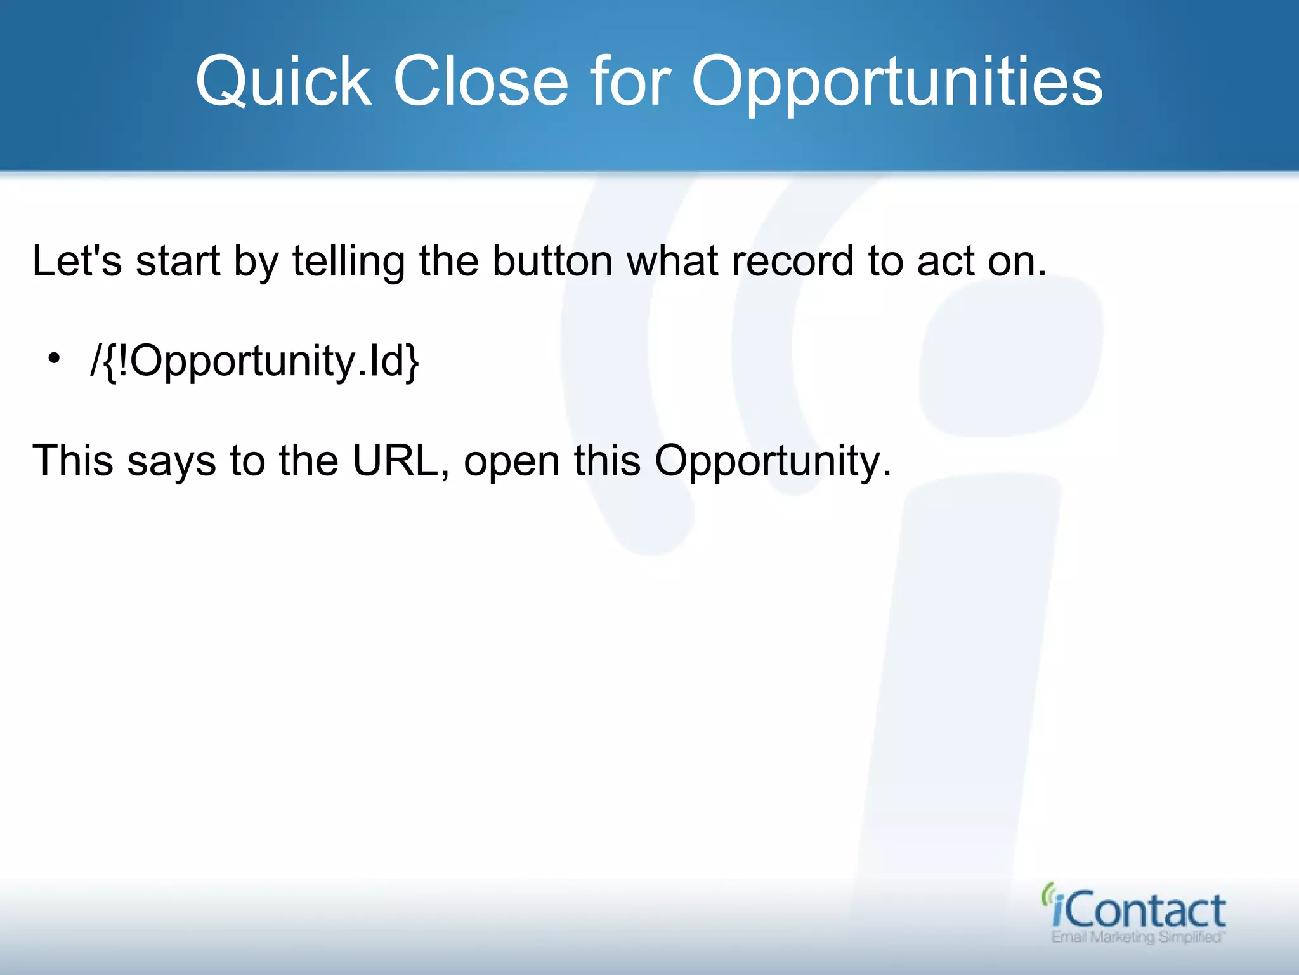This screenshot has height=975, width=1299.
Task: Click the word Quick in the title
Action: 283,81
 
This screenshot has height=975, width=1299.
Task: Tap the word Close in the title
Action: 481,81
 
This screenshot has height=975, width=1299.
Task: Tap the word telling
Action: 348,262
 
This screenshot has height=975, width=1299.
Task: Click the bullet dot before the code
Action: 55,359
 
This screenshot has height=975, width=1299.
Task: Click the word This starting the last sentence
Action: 72,460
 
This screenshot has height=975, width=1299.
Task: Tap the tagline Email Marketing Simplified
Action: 1138,938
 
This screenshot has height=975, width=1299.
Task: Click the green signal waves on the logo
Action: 1048,894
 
